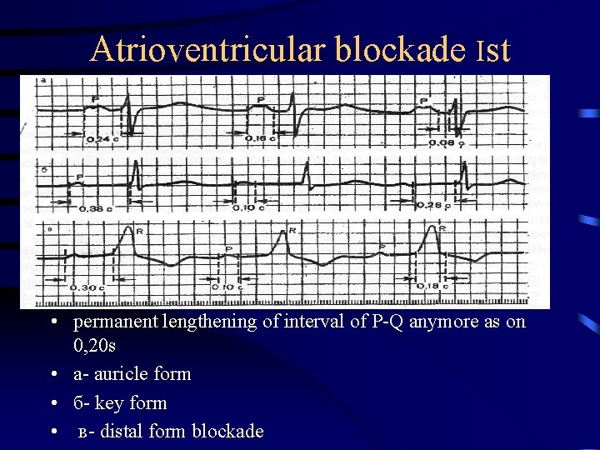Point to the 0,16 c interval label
click(x=260, y=138)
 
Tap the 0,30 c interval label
click(x=87, y=287)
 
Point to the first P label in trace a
click(x=95, y=99)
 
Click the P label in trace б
click(x=80, y=177)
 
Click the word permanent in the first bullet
click(x=114, y=322)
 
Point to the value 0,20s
click(x=97, y=344)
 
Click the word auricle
click(x=124, y=374)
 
